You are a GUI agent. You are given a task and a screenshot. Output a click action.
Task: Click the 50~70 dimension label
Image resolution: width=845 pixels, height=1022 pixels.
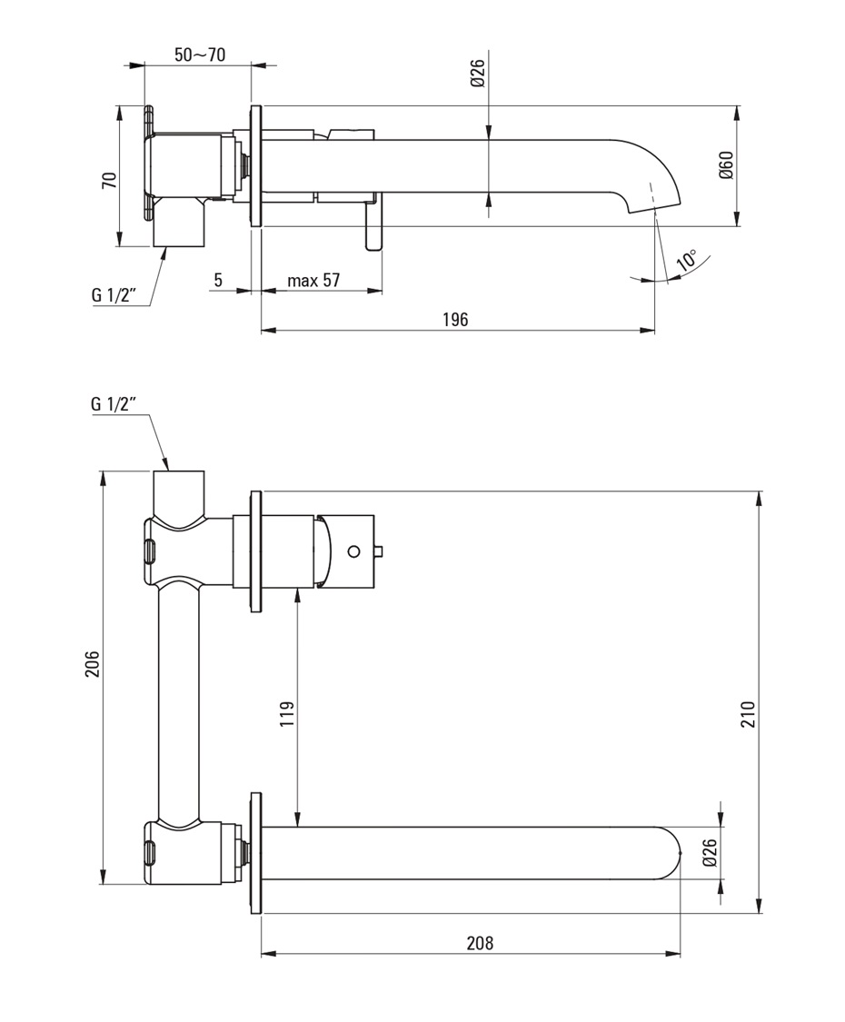(x=200, y=55)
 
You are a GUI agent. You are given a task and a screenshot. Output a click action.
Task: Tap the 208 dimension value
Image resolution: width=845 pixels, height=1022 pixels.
(x=480, y=942)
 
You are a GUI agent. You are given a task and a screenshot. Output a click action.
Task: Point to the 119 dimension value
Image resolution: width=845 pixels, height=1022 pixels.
(x=287, y=717)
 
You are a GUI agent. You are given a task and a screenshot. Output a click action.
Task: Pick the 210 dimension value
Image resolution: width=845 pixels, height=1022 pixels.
(x=747, y=717)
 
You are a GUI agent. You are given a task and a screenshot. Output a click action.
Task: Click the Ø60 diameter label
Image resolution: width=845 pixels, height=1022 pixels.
(x=726, y=165)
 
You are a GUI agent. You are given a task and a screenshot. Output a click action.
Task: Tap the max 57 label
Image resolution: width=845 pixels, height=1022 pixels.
(x=313, y=280)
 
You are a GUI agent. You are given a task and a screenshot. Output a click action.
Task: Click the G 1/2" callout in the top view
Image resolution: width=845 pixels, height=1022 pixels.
(x=114, y=295)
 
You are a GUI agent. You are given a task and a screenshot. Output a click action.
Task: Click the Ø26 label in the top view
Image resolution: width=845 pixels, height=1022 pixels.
(x=478, y=74)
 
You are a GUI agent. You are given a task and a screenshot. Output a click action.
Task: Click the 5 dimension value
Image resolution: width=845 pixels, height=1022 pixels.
(x=218, y=280)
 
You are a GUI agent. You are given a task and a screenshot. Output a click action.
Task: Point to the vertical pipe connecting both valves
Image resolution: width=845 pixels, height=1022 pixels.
(x=178, y=704)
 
